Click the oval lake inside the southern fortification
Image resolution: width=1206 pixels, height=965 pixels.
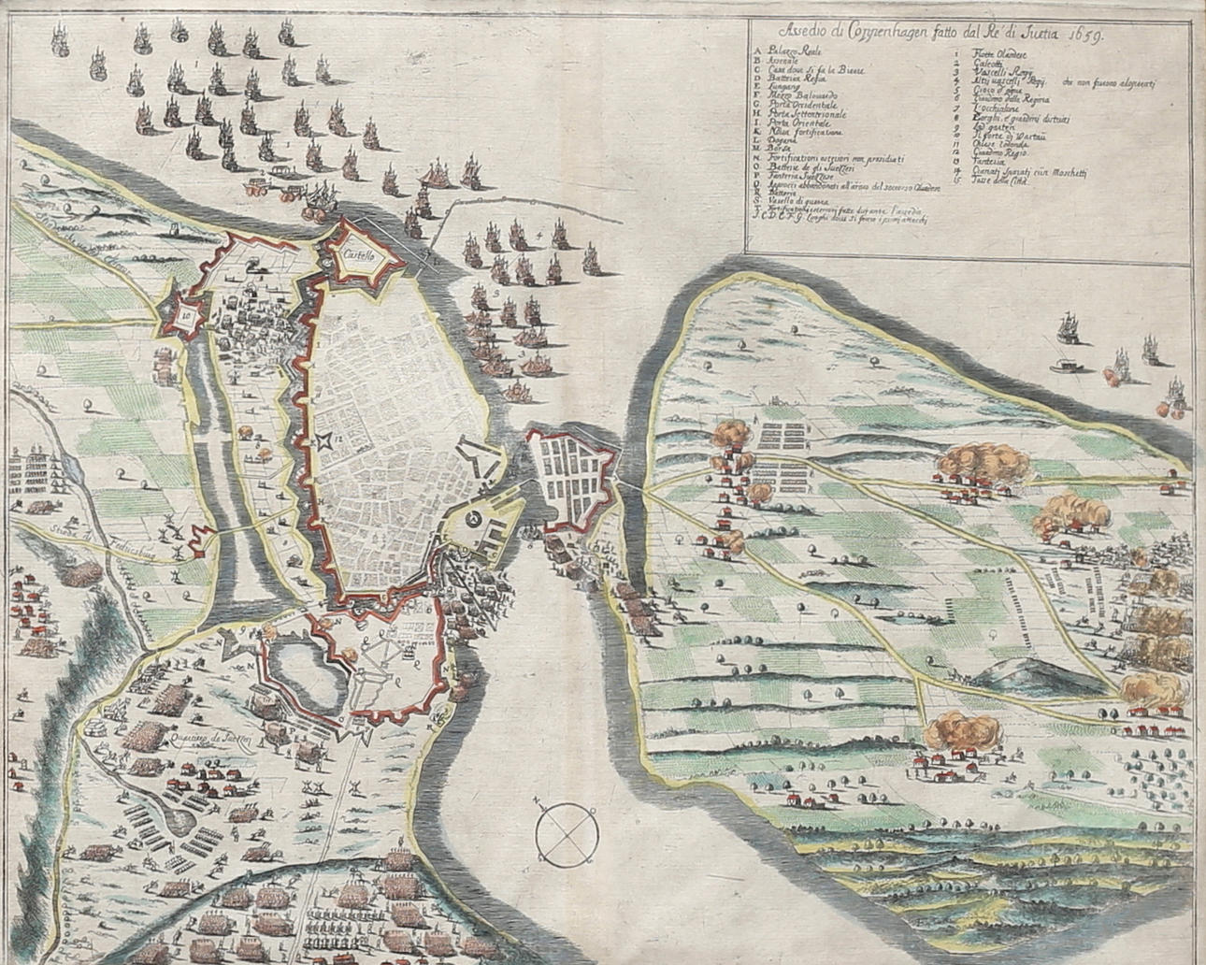[299, 665]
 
